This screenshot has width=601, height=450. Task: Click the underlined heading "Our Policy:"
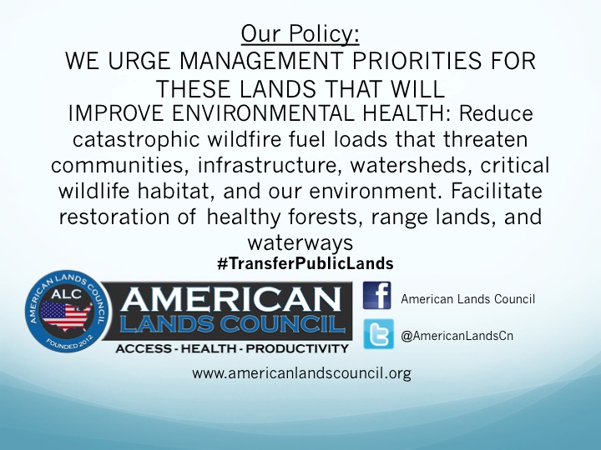coord(300,34)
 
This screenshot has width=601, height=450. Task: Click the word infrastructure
coord(276,165)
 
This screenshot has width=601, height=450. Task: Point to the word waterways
coord(300,242)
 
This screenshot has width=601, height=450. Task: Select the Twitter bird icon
coord(378,335)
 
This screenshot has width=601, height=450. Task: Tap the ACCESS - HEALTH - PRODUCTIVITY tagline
coord(231,347)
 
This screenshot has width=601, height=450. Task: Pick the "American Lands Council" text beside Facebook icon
coord(467,299)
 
